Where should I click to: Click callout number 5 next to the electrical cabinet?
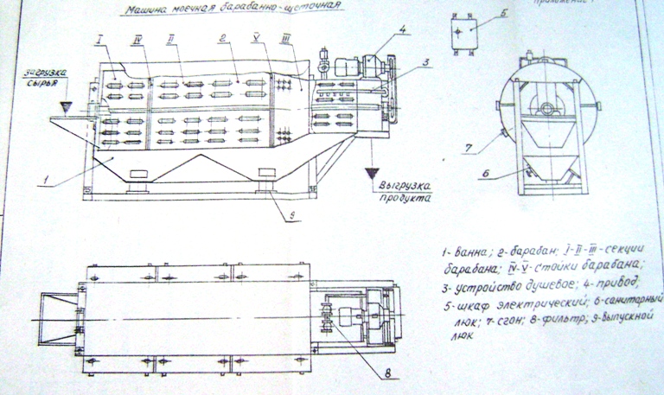504,14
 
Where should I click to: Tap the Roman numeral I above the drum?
101,41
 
